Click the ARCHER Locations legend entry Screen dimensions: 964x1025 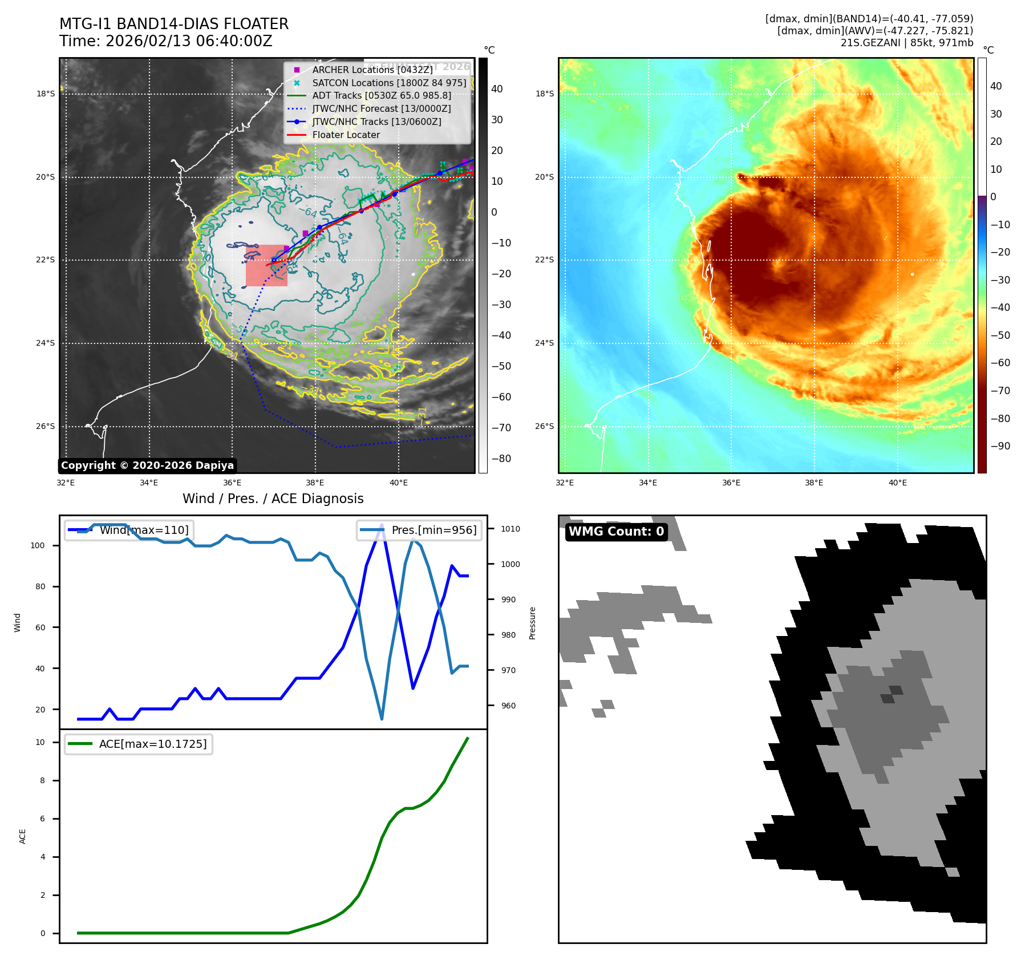coord(372,70)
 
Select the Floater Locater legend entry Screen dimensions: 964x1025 coord(346,135)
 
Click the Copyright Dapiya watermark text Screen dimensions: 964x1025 coord(147,465)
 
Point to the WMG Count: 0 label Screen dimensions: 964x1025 coord(616,532)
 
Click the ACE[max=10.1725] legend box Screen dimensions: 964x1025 coord(139,744)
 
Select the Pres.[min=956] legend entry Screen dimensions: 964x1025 coord(420,530)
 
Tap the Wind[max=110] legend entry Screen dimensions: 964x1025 coord(129,530)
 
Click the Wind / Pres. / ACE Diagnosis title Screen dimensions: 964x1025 coord(273,499)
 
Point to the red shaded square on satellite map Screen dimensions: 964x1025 coord(266,265)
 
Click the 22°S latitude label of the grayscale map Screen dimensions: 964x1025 coord(46,260)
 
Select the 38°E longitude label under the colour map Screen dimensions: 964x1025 coord(814,483)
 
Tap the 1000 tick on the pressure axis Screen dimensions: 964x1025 coord(511,564)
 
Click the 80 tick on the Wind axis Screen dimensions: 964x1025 coord(40,586)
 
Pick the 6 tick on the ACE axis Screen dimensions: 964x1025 coord(43,819)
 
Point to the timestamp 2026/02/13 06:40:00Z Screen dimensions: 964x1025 coord(189,42)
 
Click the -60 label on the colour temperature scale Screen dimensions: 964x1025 coord(1000,363)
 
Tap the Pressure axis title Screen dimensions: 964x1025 coord(532,623)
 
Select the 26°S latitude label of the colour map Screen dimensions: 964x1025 coord(544,426)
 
